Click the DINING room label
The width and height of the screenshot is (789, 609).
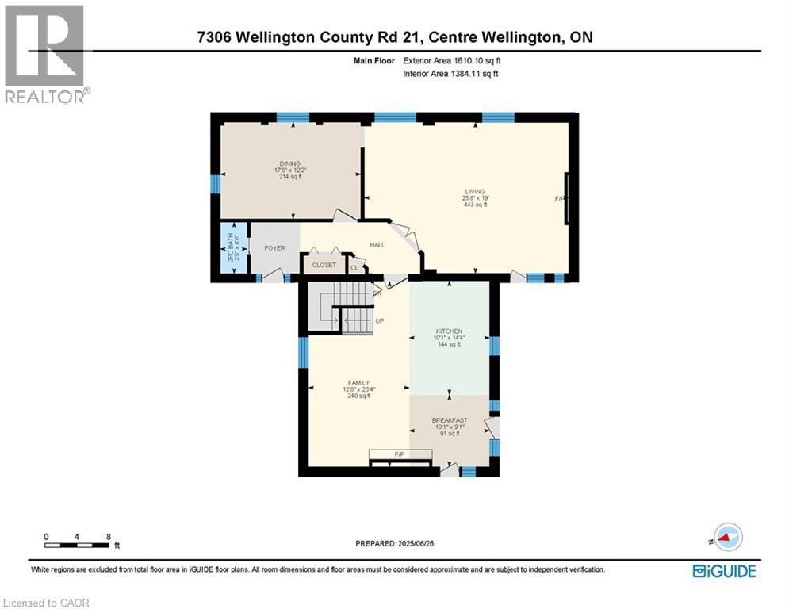(x=289, y=163)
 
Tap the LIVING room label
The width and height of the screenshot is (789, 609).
(x=475, y=191)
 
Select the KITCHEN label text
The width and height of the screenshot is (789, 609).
(x=449, y=331)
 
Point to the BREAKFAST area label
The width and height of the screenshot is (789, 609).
(x=449, y=420)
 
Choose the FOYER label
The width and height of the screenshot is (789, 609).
(x=274, y=248)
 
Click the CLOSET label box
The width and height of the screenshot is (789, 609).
(x=324, y=265)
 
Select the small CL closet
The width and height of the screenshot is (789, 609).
(x=354, y=268)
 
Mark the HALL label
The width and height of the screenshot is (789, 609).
(x=377, y=245)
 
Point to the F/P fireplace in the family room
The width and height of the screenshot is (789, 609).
(x=400, y=454)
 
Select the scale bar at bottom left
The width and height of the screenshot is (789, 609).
(x=77, y=544)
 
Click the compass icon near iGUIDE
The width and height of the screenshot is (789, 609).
(x=727, y=538)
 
